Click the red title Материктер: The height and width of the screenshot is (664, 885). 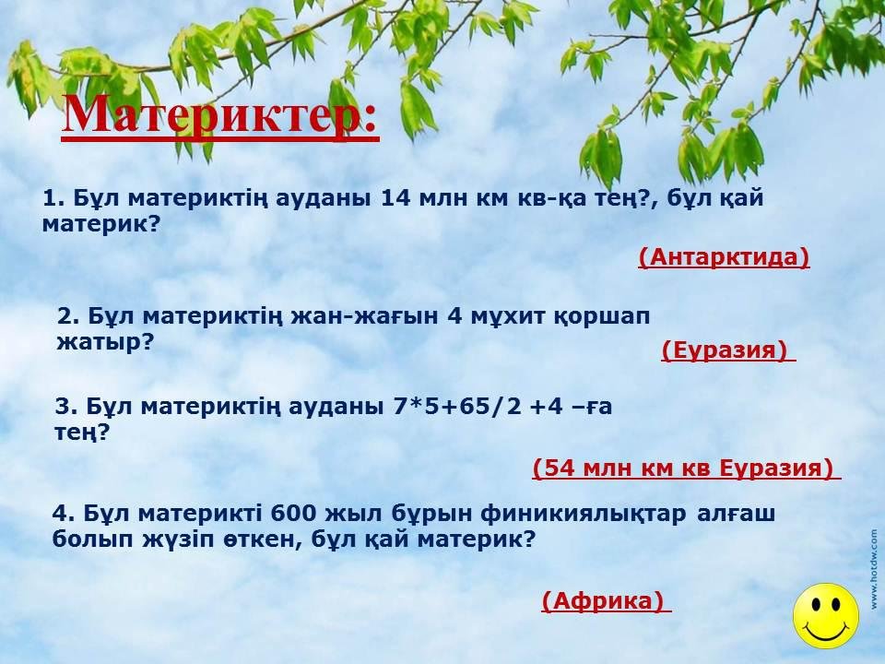point(220,115)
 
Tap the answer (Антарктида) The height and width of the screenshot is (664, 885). point(725,257)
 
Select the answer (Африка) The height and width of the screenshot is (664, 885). point(603,600)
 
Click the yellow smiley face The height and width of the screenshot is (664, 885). point(826,616)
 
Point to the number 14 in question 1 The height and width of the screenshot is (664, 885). point(395,198)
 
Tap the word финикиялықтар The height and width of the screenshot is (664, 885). point(584,515)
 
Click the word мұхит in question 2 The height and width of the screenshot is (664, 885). point(504,317)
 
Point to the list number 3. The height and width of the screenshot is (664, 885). point(69,407)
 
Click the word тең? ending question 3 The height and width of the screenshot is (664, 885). point(82,433)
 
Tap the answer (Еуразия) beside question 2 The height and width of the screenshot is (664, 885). point(725,350)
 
